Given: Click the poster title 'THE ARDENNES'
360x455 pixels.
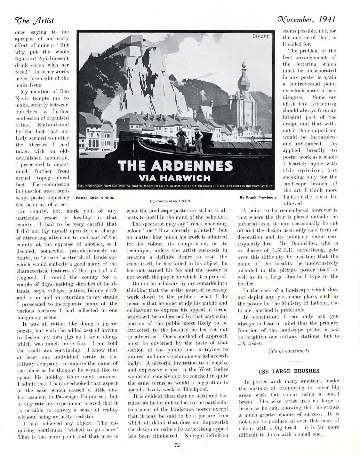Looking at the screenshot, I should click(x=175, y=166).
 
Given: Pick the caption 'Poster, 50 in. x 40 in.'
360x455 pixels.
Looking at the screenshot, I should click(x=95, y=198).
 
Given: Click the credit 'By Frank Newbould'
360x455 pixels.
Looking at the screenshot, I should click(x=258, y=198).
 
